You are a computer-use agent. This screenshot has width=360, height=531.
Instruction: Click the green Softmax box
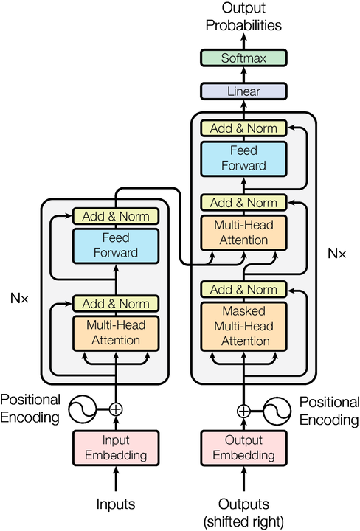[x=243, y=58]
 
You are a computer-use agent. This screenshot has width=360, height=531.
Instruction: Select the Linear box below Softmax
[x=243, y=91]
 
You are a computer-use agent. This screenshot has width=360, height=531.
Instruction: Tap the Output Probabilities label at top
[x=243, y=16]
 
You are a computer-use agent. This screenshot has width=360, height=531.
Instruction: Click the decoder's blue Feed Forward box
[x=243, y=157]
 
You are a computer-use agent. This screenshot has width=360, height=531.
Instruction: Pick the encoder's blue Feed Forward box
[x=115, y=245]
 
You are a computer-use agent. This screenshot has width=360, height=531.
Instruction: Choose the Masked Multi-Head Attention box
[x=243, y=325]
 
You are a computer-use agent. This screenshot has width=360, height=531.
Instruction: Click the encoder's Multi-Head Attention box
[x=115, y=333]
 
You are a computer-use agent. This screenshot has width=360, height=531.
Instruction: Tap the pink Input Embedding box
[x=115, y=449]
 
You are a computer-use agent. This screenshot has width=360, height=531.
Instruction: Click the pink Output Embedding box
[x=243, y=449]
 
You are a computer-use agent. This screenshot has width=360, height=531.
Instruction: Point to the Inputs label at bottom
[x=115, y=504]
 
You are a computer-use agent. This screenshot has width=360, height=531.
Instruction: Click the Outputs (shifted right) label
[x=243, y=513]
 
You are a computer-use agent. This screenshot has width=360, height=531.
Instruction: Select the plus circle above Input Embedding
[x=115, y=409]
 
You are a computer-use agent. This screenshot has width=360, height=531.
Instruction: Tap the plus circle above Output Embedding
[x=243, y=410]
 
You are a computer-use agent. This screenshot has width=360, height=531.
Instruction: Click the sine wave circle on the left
[x=83, y=409]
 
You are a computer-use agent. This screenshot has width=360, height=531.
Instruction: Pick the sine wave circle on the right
[x=276, y=410]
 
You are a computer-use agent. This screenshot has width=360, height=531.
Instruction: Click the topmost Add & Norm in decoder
[x=243, y=128]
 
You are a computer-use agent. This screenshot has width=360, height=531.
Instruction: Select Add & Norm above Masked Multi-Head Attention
[x=243, y=289]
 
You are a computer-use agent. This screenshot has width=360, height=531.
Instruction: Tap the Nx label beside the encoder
[x=20, y=299]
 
